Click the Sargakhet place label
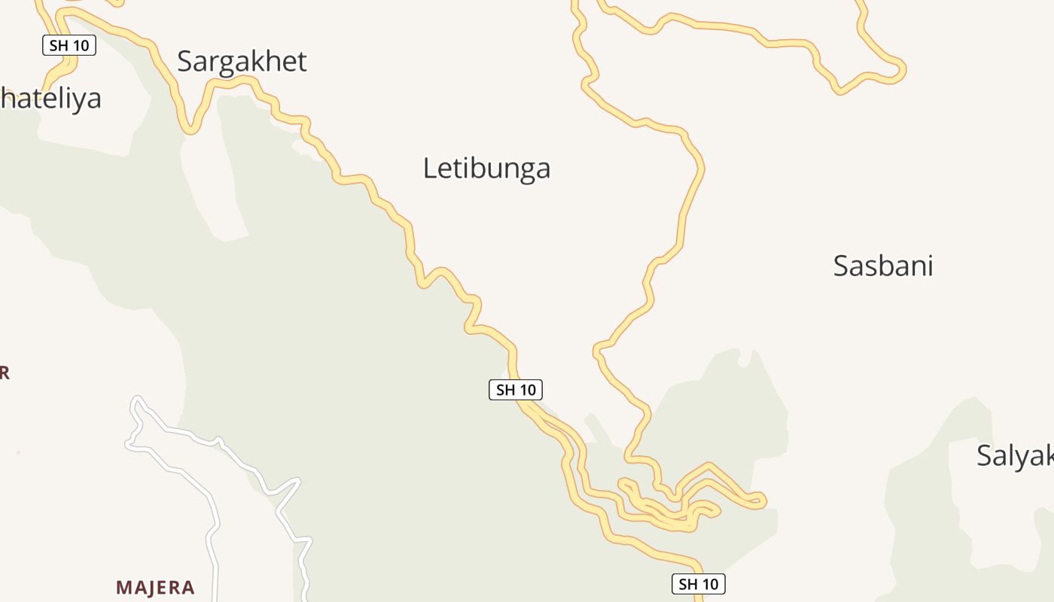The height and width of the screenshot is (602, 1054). (242, 62)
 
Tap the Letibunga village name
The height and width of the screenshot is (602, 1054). (486, 168)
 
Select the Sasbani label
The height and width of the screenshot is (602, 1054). (883, 266)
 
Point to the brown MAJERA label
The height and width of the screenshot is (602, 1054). (156, 588)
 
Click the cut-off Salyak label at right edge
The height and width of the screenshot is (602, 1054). (1015, 456)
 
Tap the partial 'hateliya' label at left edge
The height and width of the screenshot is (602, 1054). (50, 99)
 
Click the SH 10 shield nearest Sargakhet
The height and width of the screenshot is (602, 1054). (69, 45)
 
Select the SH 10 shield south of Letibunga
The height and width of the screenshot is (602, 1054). (516, 390)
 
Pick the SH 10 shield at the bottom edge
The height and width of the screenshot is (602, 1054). (698, 584)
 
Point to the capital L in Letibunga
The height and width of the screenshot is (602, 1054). (430, 168)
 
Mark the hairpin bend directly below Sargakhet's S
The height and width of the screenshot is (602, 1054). (191, 129)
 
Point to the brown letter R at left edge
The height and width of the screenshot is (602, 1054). (4, 372)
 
